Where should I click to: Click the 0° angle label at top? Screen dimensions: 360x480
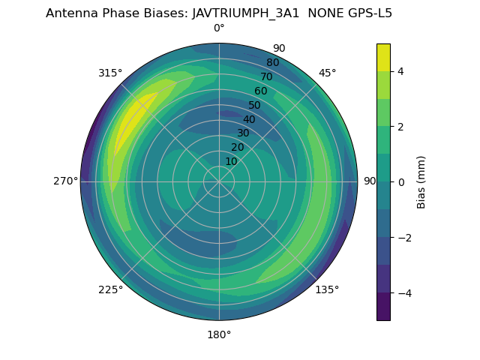pos(219,28)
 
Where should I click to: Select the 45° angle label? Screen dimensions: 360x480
pos(327,73)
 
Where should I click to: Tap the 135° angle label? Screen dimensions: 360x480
pos(327,289)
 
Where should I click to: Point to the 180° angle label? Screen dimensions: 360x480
pos(219,334)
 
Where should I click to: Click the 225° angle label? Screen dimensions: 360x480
pos(110,289)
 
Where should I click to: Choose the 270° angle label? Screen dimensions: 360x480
pos(65,181)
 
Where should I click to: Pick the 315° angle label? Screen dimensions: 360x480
pos(110,73)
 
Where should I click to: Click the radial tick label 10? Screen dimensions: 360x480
pos(231,161)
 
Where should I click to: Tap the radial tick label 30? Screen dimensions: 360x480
pos(243,133)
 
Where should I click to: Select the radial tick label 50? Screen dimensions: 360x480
pos(255,105)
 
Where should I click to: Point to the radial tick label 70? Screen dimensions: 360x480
pos(267,76)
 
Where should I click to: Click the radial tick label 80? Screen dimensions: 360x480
pos(273,62)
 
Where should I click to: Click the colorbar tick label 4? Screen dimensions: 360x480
pos(400,71)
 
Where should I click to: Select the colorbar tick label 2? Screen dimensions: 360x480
pos(400,127)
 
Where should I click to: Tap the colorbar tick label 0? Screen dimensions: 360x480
pos(400,182)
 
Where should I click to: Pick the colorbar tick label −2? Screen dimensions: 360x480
pos(403,238)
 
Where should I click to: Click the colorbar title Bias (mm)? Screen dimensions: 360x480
pos(421,182)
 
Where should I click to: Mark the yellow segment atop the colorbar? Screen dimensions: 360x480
pos(383,57)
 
